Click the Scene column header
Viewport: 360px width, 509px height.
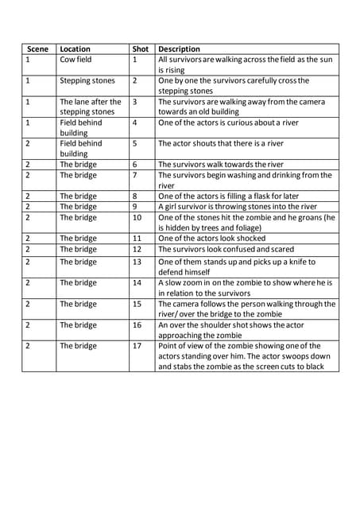[37, 49]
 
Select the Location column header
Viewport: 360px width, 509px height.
[75, 49]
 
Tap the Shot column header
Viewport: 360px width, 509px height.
[140, 49]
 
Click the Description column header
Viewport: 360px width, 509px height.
[179, 49]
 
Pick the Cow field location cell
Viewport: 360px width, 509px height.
[75, 60]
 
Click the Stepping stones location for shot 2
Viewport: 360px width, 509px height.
[87, 80]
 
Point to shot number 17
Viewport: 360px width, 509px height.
[137, 346]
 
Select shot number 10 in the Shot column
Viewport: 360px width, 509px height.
[137, 217]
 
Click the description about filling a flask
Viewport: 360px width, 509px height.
[236, 196]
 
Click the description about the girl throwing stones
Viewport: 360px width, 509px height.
[237, 206]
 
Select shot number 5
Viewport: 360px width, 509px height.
[135, 143]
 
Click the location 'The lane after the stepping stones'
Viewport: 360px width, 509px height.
[90, 107]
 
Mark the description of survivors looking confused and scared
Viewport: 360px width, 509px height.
[226, 248]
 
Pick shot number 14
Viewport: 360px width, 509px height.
[137, 282]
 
